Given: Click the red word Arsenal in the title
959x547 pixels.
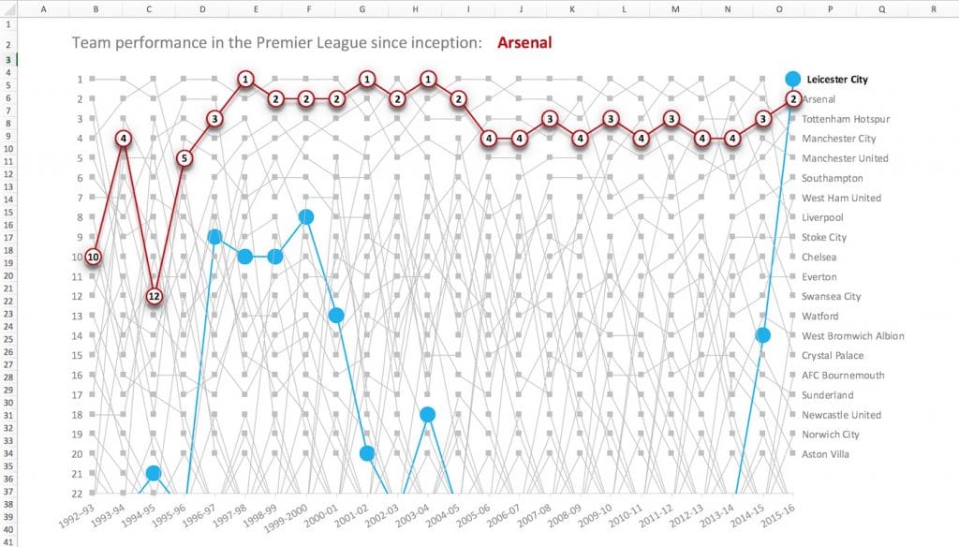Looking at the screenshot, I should [x=524, y=43].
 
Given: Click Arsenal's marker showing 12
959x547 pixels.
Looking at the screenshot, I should [x=155, y=297].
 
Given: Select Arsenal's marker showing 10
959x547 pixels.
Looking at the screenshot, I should [x=94, y=257].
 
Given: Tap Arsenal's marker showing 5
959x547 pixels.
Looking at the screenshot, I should [x=184, y=158].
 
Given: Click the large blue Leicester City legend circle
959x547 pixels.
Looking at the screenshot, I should [x=793, y=80].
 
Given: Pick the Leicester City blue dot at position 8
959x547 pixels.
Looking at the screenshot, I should [x=305, y=217].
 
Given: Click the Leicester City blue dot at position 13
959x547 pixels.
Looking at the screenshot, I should [x=336, y=316].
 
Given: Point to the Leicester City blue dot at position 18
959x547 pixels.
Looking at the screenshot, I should [x=427, y=415].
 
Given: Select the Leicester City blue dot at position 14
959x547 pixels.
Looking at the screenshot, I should [x=763, y=335].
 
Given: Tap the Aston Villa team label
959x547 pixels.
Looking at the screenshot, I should [x=825, y=454].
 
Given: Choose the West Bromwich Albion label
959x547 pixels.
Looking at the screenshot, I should [x=852, y=335].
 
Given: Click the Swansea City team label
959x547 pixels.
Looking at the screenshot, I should [x=832, y=296].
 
